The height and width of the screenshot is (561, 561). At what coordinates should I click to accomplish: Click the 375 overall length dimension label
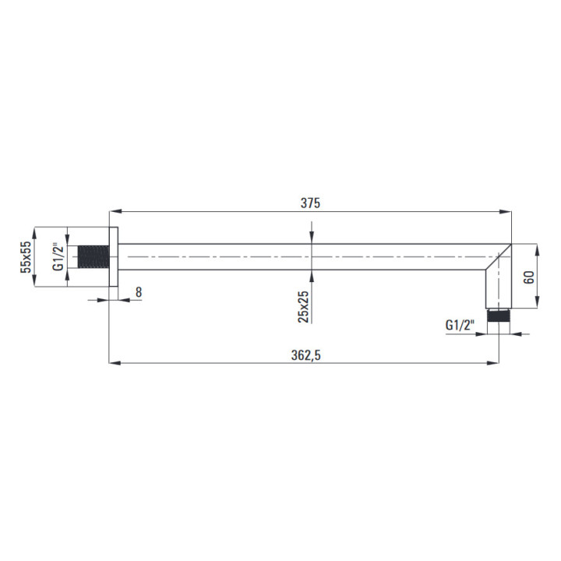pos(310,203)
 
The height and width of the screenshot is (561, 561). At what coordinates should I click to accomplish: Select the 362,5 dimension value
pos(306,355)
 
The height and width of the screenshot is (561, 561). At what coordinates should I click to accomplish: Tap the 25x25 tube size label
pos(303,307)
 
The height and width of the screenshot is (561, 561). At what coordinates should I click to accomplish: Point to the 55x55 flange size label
pos(26,257)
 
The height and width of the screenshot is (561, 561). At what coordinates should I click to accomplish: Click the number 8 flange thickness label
pos(139,292)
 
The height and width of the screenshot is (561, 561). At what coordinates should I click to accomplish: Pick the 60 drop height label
pos(529,277)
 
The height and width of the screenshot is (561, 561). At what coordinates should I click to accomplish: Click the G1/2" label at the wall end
pos(58,257)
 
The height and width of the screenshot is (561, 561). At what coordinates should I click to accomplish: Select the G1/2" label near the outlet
pos(460,325)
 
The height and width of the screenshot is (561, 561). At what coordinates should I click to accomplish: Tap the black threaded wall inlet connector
pos(93,257)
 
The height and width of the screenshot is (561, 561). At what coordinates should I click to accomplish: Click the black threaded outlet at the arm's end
pos(499,316)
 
